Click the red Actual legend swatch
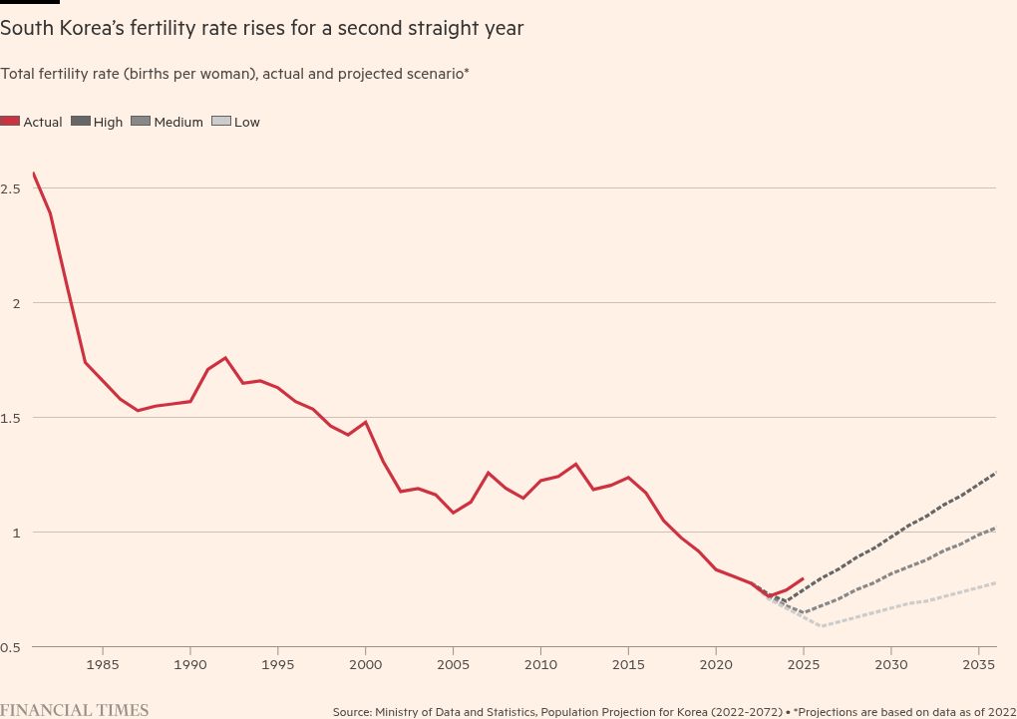[10, 122]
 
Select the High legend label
[108, 122]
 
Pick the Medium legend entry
[177, 122]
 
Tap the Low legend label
[246, 122]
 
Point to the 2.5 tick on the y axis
[12, 187]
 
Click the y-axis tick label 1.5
[12, 417]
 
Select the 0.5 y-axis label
[12, 646]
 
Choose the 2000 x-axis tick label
[366, 663]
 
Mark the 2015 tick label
[628, 663]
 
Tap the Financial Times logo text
[75, 710]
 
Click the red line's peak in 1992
[225, 357]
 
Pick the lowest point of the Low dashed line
[822, 626]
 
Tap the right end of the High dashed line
[995, 473]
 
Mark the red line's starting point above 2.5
[33, 173]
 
